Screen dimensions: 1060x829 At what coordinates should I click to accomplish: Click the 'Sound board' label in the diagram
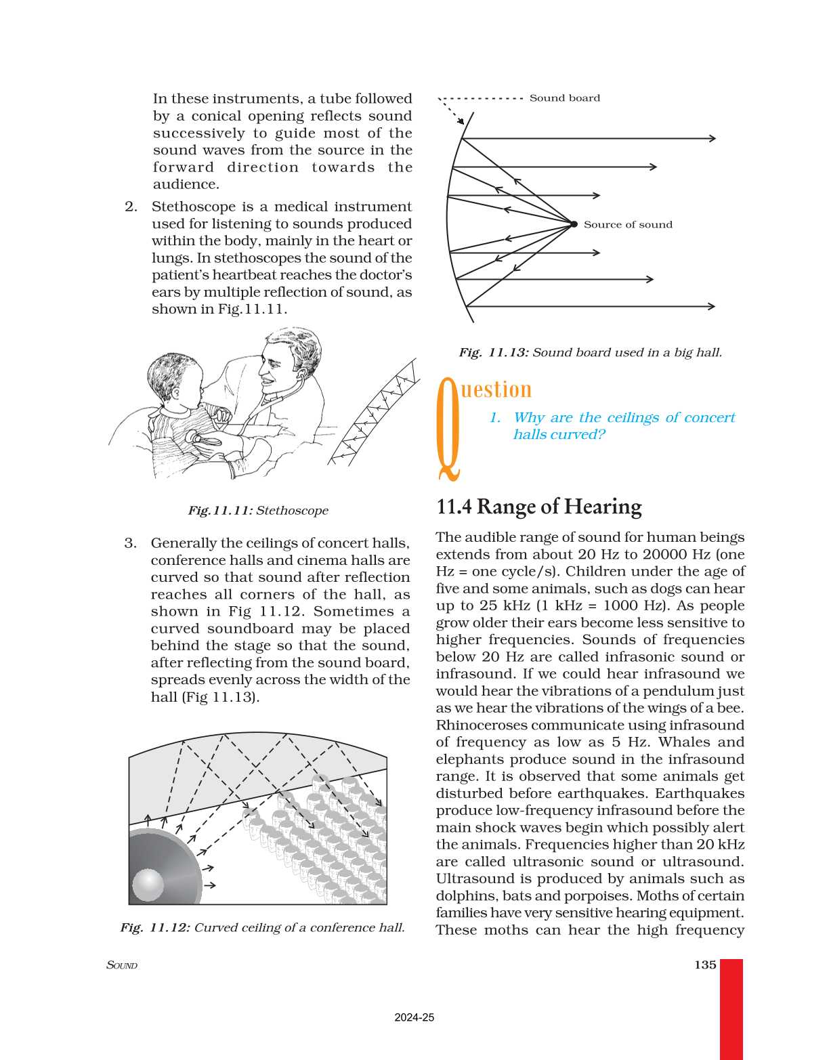[564, 98]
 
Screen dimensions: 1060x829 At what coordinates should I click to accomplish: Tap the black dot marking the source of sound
[574, 224]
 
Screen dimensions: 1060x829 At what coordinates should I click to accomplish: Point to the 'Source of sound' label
[628, 225]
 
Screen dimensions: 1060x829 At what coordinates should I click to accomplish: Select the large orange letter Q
[448, 427]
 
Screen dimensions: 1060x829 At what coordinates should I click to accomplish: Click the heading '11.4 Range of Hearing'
[538, 507]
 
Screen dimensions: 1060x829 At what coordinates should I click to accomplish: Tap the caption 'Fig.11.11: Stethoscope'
[258, 511]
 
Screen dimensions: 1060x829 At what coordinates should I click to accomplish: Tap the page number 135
[704, 964]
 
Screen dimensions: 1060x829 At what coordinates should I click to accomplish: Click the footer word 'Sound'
[122, 965]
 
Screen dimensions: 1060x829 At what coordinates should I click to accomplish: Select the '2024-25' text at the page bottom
[414, 1017]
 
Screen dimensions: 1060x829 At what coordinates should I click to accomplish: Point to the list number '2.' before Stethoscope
[131, 207]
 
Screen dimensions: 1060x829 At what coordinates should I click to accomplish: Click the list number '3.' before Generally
[130, 543]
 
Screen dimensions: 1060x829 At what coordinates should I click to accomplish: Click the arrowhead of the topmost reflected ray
[712, 138]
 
